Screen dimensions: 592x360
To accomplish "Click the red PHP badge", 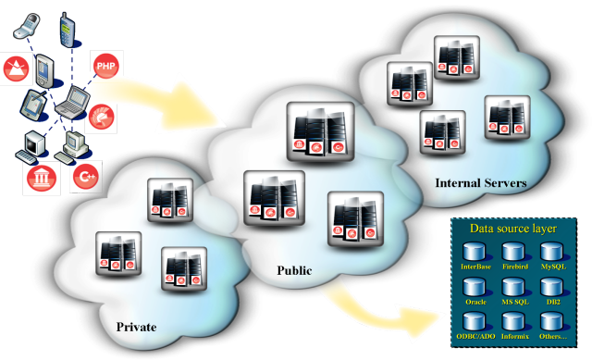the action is pyautogui.click(x=106, y=66).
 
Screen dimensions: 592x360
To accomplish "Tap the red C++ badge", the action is pyautogui.click(x=86, y=177).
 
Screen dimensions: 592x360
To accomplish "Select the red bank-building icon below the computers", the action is pyautogui.click(x=42, y=179).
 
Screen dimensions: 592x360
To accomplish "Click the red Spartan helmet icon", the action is pyautogui.click(x=101, y=117).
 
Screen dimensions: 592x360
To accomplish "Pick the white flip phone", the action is pyautogui.click(x=27, y=27).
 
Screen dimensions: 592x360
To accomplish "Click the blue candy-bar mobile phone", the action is pyautogui.click(x=68, y=30).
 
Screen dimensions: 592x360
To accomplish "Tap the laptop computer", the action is pyautogui.click(x=73, y=101).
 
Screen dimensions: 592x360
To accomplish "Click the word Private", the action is pyautogui.click(x=136, y=327).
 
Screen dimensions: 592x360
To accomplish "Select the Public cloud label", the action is pyautogui.click(x=294, y=270).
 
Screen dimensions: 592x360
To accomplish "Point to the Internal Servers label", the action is pyautogui.click(x=481, y=183).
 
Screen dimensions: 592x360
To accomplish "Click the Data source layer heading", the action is pyautogui.click(x=513, y=229).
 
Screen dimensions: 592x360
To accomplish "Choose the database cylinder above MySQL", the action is pyautogui.click(x=552, y=252).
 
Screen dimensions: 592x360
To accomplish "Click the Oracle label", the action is pyautogui.click(x=475, y=302).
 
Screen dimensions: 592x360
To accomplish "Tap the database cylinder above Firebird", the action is pyautogui.click(x=513, y=252).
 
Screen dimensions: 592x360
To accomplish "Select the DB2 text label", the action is pyautogui.click(x=553, y=302).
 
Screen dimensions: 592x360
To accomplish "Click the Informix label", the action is pyautogui.click(x=515, y=336).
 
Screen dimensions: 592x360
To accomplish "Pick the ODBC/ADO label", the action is pyautogui.click(x=475, y=336).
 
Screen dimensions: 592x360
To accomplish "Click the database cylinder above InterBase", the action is pyautogui.click(x=475, y=252).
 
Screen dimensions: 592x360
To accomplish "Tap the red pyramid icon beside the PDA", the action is pyautogui.click(x=17, y=68).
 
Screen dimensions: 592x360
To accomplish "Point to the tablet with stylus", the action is pyautogui.click(x=34, y=105).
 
